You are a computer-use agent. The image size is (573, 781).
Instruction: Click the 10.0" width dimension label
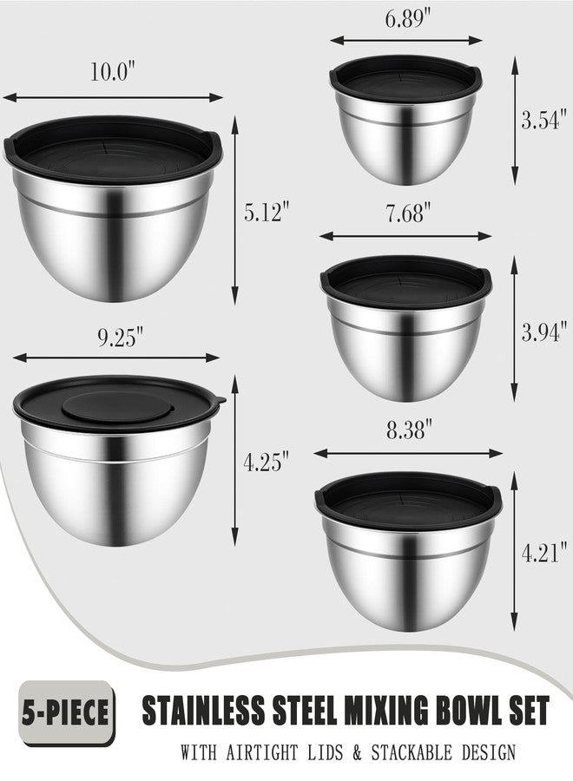coord(113,71)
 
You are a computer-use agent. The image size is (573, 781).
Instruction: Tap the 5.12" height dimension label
coord(267,212)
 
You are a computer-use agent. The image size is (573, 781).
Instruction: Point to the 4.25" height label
coord(266,462)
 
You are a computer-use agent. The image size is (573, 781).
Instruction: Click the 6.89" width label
coord(407,18)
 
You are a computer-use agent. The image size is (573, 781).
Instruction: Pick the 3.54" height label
coord(544,120)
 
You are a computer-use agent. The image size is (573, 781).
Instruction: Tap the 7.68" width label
coord(407,213)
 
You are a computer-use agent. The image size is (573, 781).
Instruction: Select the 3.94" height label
coord(544,331)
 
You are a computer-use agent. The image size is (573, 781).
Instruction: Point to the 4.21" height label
coord(544,553)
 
